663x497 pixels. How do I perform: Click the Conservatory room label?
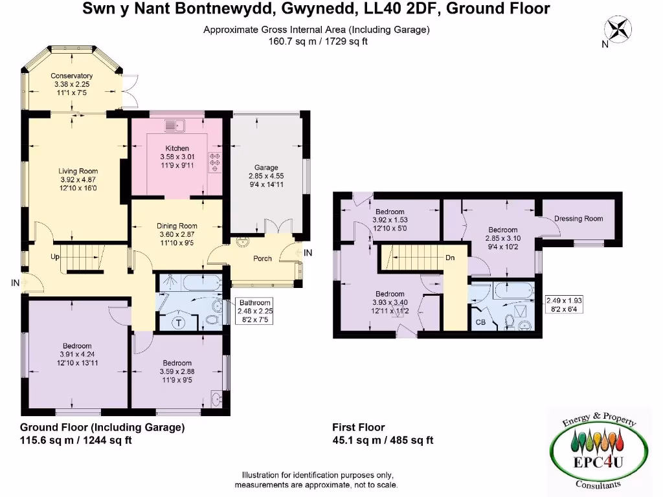click(x=71, y=76)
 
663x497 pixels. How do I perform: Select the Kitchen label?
click(x=177, y=148)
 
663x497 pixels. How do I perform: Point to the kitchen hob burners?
click(x=214, y=162)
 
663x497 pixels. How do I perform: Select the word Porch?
click(x=262, y=259)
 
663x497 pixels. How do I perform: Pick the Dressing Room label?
click(x=578, y=219)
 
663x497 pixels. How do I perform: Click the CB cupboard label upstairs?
click(x=480, y=322)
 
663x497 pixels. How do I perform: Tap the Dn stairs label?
click(x=450, y=258)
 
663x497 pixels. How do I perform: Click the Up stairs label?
click(x=56, y=257)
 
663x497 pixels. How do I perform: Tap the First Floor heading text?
click(x=358, y=427)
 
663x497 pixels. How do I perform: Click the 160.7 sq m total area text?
click(x=317, y=41)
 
